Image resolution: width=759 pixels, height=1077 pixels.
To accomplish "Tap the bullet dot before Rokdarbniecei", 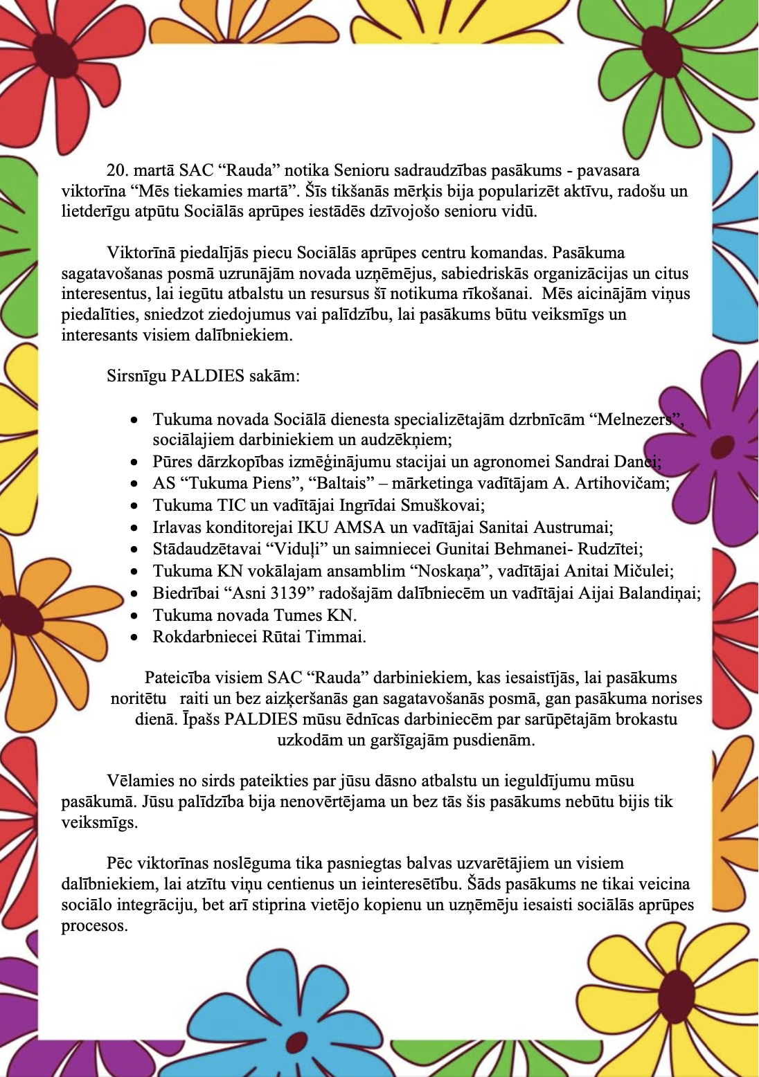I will (x=135, y=637).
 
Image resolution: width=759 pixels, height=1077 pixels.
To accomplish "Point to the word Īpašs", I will (x=201, y=719).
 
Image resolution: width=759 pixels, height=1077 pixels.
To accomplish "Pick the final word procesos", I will (x=94, y=925).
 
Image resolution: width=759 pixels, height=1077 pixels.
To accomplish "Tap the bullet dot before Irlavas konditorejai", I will (x=135, y=528).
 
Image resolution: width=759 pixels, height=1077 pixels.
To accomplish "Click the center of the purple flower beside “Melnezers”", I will (x=723, y=443).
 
